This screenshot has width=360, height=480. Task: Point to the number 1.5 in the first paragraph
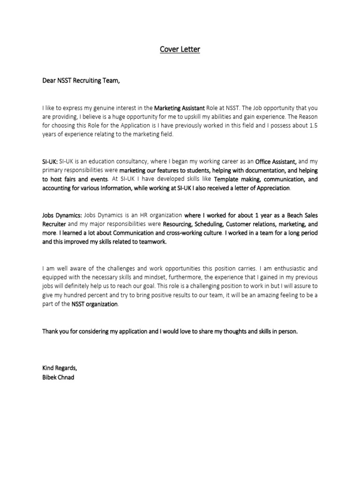click(x=311, y=125)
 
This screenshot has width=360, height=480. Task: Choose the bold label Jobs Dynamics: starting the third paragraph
click(x=62, y=215)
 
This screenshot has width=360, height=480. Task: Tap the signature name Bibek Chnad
click(x=58, y=377)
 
